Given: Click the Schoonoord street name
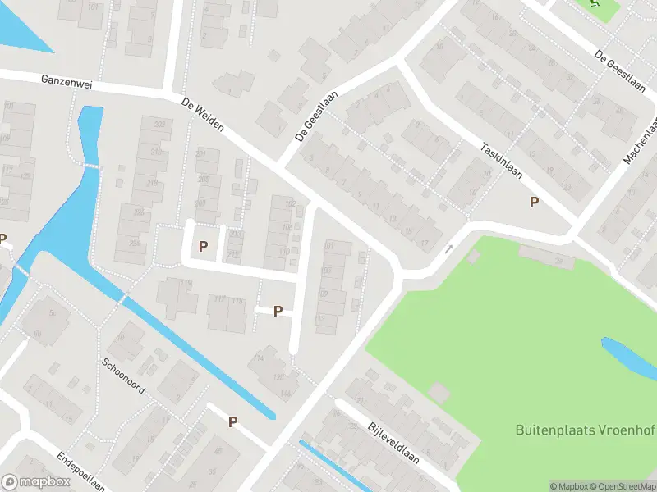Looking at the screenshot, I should click(x=123, y=376).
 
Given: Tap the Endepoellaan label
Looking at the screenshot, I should click(x=80, y=471).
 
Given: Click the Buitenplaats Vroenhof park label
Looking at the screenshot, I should click(x=585, y=429).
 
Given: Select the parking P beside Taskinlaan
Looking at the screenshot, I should click(x=534, y=202).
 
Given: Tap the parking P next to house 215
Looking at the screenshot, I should click(x=204, y=245).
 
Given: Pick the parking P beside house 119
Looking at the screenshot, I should click(x=278, y=311).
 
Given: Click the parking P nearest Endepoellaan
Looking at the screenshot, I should click(x=232, y=421).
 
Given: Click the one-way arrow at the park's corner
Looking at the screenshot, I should click(x=448, y=248).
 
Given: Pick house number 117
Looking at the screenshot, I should click(x=219, y=301).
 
